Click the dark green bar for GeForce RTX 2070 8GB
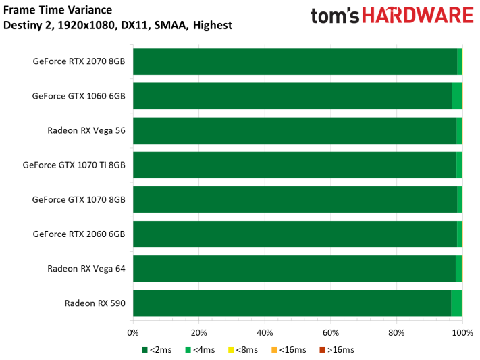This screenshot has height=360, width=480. (295, 61)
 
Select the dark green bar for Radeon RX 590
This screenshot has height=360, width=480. (292, 303)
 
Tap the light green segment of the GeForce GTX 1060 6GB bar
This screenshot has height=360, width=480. (457, 96)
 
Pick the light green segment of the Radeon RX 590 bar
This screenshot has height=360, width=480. (456, 303)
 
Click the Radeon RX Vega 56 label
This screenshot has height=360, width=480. (86, 130)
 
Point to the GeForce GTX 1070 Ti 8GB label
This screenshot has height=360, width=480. (74, 165)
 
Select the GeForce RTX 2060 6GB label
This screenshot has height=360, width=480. (79, 234)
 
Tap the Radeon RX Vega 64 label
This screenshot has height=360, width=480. (86, 269)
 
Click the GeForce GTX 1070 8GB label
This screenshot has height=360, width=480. (79, 199)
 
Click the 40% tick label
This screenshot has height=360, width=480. (265, 333)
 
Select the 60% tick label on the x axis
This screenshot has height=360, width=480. (331, 333)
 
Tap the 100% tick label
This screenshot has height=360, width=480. (462, 333)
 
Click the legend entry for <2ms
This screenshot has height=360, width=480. (157, 350)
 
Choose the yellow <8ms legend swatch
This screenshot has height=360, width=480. (231, 350)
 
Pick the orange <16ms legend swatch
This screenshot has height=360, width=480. (274, 350)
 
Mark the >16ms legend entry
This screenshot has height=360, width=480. (337, 350)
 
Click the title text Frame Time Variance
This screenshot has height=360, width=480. (57, 10)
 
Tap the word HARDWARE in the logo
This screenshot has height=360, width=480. (418, 16)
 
